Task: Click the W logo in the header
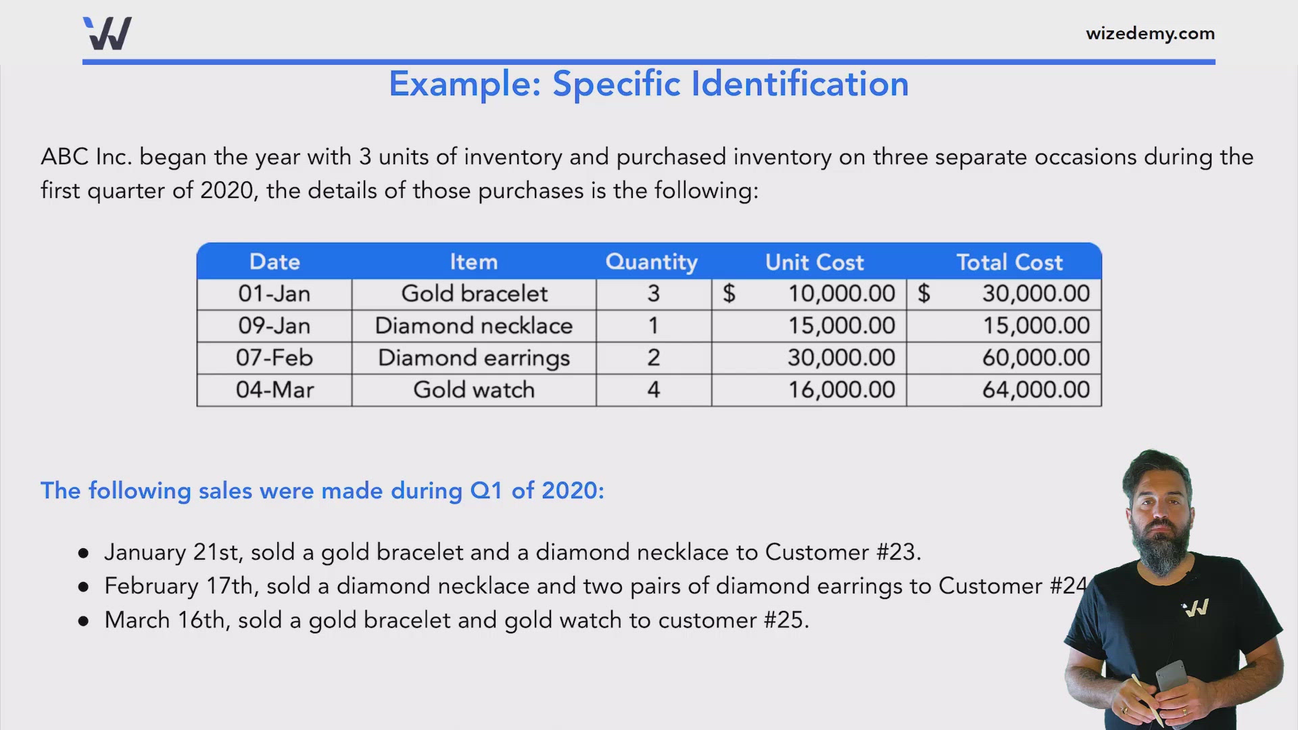click(107, 34)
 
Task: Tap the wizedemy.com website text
click(1150, 34)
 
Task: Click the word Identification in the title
click(799, 84)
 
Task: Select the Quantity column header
click(651, 262)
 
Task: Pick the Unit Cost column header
click(814, 262)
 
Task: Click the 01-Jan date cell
click(274, 294)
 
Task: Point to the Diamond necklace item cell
click(473, 326)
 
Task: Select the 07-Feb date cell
click(274, 358)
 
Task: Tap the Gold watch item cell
click(473, 390)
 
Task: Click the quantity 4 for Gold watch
click(653, 390)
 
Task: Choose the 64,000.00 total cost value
click(1035, 390)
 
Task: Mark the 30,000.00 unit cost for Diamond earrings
click(841, 358)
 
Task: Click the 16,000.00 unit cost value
click(841, 390)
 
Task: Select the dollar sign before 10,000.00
click(729, 294)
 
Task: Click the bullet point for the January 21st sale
click(83, 554)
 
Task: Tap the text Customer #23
click(842, 552)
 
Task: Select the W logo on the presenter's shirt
click(1195, 608)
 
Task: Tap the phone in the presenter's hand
click(1172, 676)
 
